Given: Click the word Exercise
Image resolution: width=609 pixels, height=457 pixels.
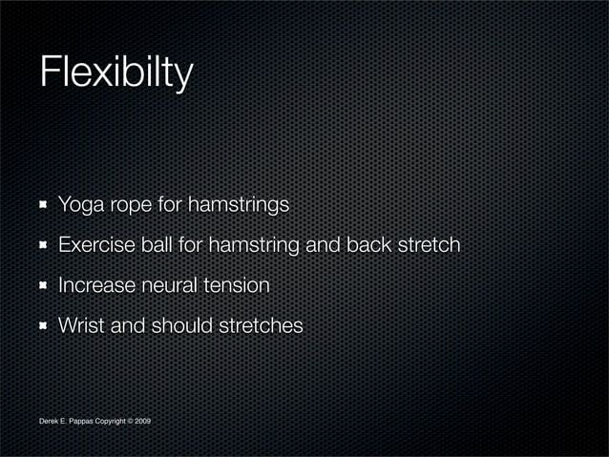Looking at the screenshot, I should [x=97, y=245].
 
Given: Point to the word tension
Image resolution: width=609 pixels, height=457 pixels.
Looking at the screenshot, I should [x=238, y=285].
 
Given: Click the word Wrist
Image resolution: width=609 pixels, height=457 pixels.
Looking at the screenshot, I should [x=81, y=325].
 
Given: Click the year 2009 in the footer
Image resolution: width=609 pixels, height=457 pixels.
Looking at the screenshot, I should [x=142, y=421].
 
